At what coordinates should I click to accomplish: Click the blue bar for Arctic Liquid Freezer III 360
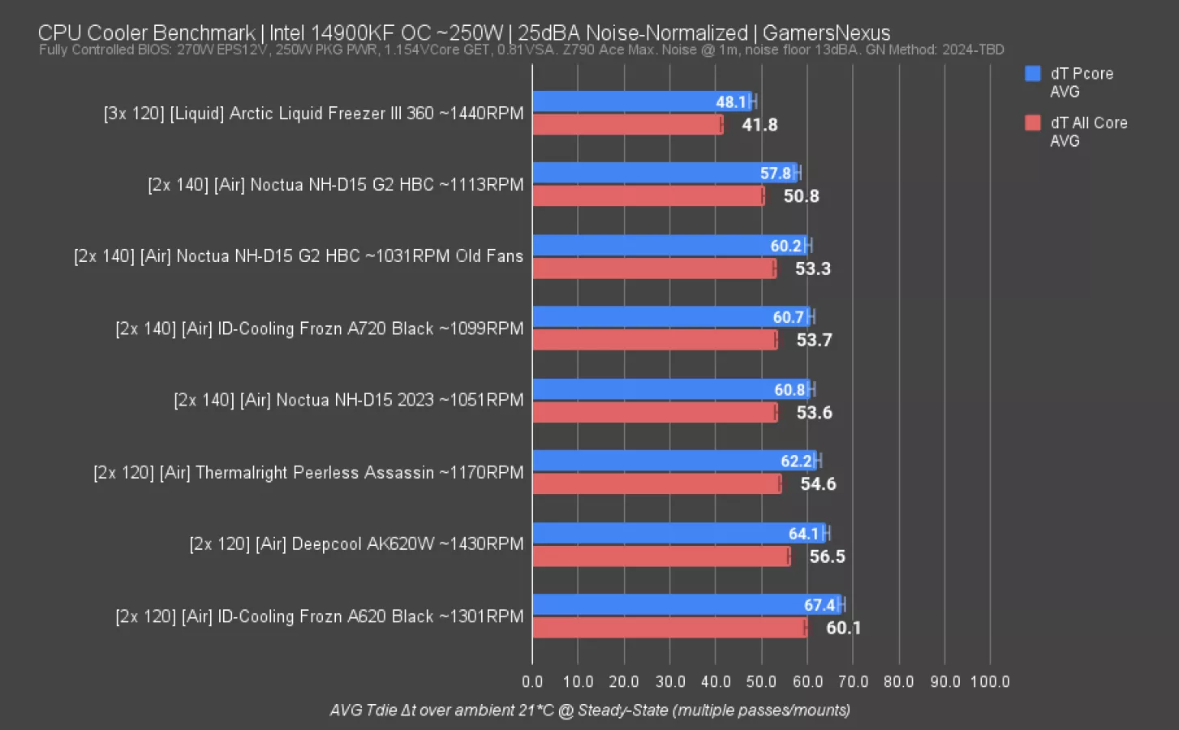point(641,101)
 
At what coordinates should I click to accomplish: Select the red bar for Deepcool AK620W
point(661,556)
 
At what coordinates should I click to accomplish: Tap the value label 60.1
point(843,628)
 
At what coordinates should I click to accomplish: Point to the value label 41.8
point(759,125)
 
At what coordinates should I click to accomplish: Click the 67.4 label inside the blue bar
point(820,605)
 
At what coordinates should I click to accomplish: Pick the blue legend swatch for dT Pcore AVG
point(1033,74)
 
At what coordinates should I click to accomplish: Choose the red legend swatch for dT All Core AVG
point(1033,123)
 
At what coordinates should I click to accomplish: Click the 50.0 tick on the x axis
point(761,681)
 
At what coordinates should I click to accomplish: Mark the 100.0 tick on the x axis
point(990,681)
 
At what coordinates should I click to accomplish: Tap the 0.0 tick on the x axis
point(532,681)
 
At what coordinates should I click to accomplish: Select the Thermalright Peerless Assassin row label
point(308,473)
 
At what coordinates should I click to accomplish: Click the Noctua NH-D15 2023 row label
point(348,400)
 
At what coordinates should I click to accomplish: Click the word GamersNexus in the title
point(826,33)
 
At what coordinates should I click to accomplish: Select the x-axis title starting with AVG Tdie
point(590,711)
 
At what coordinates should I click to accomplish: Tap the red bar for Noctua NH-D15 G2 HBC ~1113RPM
point(648,196)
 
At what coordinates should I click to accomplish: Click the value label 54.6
point(818,484)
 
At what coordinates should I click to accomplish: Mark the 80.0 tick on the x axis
point(898,681)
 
